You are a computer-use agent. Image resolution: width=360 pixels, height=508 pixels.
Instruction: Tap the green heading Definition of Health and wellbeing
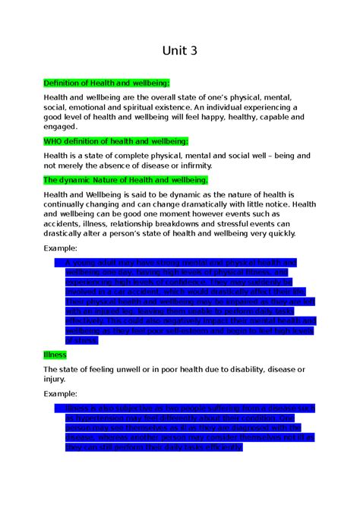(106, 83)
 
